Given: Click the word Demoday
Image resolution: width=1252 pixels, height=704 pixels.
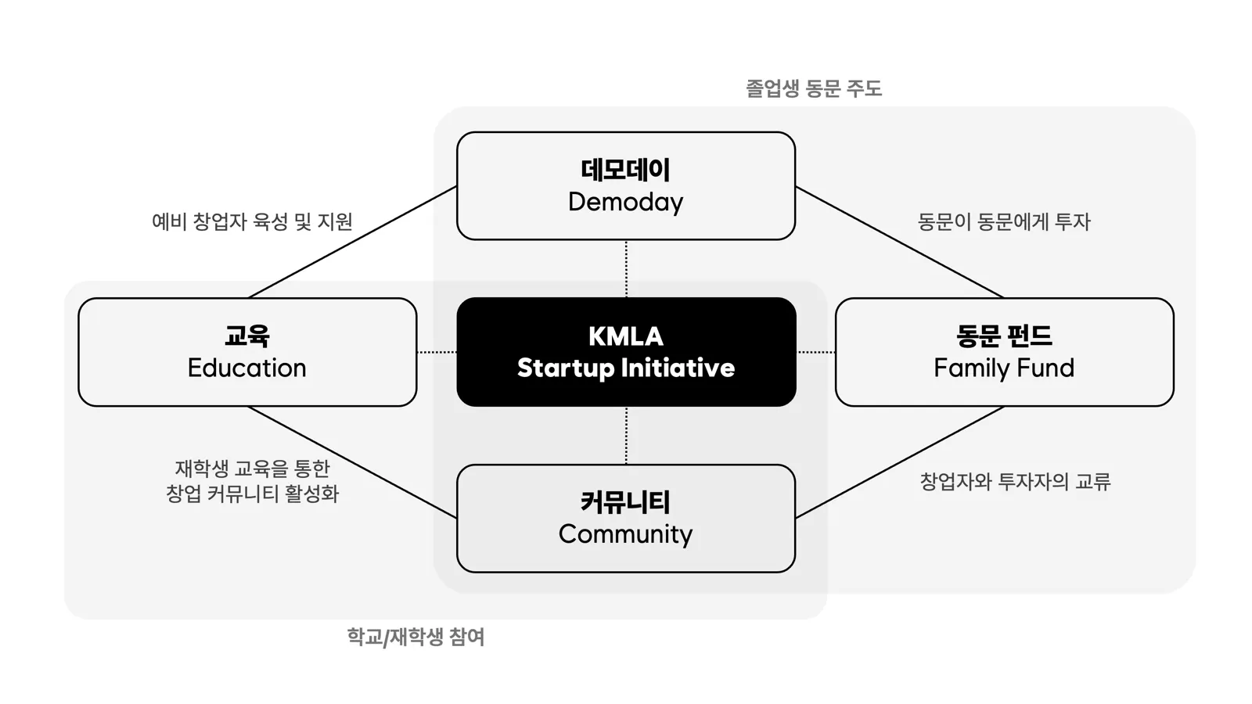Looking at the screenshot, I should pyautogui.click(x=626, y=202).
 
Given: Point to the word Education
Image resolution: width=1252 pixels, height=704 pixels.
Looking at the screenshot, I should pyautogui.click(x=247, y=368).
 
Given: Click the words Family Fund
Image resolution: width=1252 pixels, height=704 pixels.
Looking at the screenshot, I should pyautogui.click(x=1004, y=368).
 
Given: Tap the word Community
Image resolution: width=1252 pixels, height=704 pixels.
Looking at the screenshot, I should pyautogui.click(x=626, y=533).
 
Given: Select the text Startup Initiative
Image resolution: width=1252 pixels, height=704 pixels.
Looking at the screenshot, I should pyautogui.click(x=626, y=368).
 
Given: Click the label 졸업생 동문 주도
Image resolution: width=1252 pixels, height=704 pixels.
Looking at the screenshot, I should pyautogui.click(x=814, y=88).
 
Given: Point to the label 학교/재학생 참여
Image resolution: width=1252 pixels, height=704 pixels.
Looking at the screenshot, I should pyautogui.click(x=416, y=637).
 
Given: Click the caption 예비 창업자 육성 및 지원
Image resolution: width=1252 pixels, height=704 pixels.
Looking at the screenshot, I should pyautogui.click(x=252, y=221).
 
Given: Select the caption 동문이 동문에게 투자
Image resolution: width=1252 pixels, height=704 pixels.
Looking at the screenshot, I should pyautogui.click(x=1004, y=221).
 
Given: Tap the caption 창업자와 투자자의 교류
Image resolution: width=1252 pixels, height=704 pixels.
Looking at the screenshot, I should pyautogui.click(x=1015, y=481).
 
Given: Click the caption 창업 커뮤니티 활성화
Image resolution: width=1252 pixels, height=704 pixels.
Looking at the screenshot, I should pyautogui.click(x=252, y=494).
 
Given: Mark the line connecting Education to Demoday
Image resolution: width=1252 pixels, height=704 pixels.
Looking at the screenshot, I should pyautogui.click(x=352, y=242).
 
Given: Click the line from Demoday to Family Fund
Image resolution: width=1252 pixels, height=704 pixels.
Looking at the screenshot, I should pyautogui.click(x=900, y=242).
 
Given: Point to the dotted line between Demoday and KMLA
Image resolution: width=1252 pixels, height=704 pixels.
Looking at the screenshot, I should pyautogui.click(x=626, y=268).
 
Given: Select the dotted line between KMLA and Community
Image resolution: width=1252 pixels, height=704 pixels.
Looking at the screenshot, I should pyautogui.click(x=626, y=435).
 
